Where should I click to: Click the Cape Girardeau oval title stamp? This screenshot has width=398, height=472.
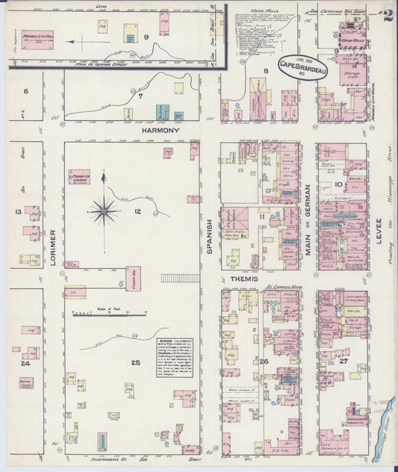tap(304, 66)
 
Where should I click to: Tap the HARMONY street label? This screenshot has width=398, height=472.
tap(161, 130)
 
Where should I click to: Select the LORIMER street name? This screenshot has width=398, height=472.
tap(53, 239)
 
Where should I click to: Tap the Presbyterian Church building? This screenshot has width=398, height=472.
tap(78, 178)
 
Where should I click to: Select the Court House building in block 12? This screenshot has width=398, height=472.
tap(134, 279)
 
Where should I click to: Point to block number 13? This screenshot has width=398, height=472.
tap(17, 211)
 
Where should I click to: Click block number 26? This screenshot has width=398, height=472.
tap(264, 362)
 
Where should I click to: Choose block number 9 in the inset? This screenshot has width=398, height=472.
tap(146, 37)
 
